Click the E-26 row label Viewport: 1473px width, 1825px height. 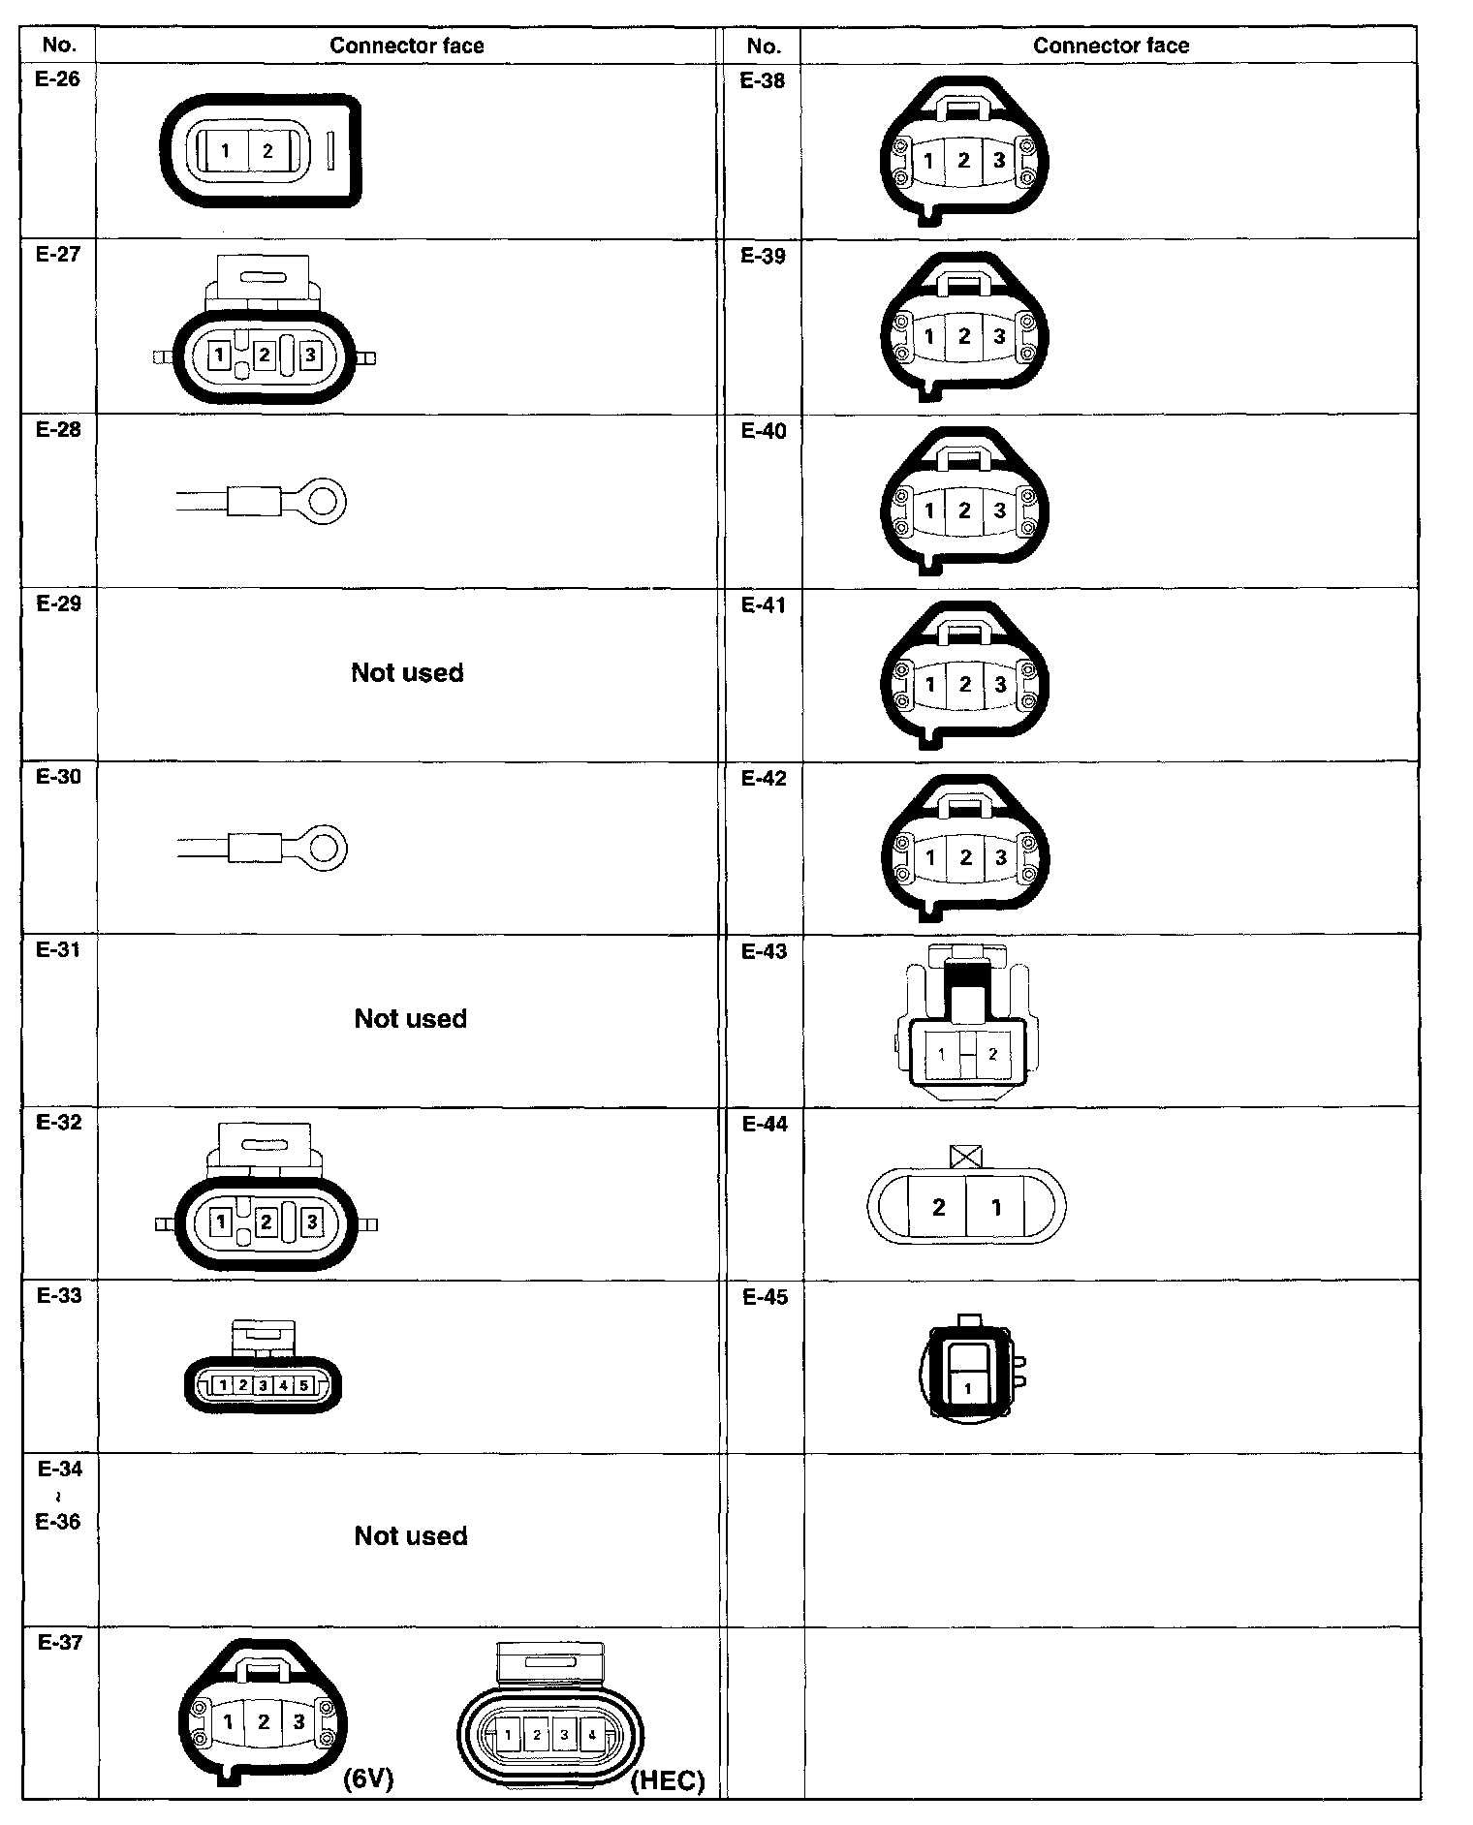coord(58,79)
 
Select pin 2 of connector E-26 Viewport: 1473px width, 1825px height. coord(267,151)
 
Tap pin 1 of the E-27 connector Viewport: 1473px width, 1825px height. coord(219,356)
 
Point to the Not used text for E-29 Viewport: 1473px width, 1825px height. coord(407,672)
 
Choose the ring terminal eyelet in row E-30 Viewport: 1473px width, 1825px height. coord(328,849)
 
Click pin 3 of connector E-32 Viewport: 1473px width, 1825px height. coord(312,1222)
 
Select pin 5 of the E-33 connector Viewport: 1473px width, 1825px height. coord(303,1385)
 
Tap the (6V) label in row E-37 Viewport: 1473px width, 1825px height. coord(368,1779)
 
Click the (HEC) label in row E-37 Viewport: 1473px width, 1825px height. coord(668,1781)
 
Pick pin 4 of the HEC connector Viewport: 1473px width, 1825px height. coord(592,1735)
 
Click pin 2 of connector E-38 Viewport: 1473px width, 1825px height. coord(963,161)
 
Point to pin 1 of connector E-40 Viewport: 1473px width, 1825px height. coord(929,510)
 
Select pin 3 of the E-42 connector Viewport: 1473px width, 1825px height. coord(1000,857)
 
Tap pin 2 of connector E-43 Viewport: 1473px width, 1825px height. coord(992,1054)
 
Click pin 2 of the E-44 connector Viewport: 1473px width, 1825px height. coord(938,1207)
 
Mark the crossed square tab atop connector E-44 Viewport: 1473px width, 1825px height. coord(966,1156)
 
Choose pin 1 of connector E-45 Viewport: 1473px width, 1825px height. coord(967,1388)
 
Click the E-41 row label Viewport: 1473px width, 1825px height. coord(764,605)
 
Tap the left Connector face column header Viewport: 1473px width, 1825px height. coord(406,46)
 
